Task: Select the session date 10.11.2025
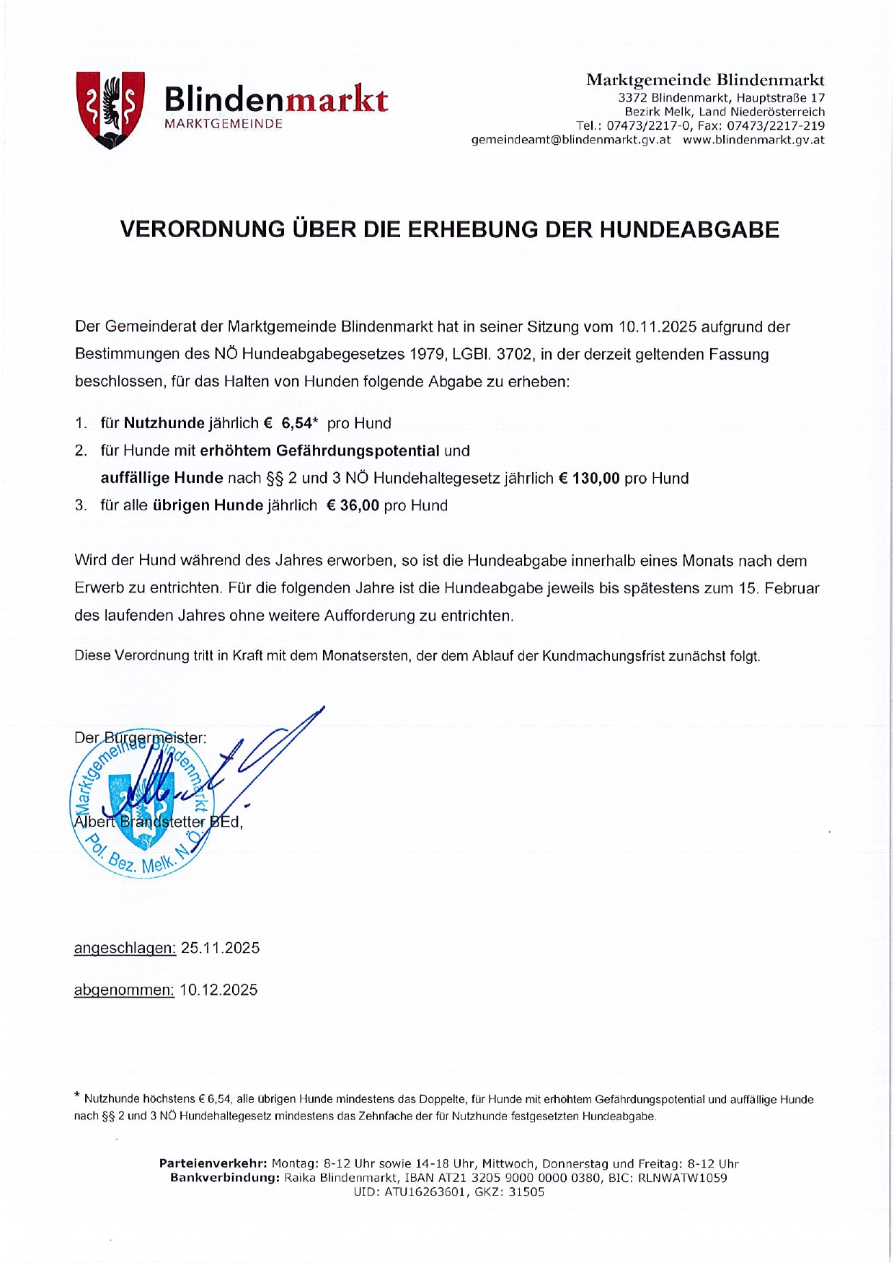point(658,327)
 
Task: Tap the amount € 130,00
point(589,478)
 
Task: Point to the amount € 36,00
point(353,505)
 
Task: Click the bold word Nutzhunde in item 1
point(164,423)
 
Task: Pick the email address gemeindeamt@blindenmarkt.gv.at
point(570,140)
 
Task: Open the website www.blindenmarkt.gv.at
point(753,140)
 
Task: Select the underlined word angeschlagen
point(125,948)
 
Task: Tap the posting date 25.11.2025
point(220,948)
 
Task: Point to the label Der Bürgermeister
point(140,738)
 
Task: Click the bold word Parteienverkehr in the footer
point(213,1163)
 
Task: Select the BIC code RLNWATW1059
point(682,1178)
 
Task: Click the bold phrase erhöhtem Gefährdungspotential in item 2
point(319,450)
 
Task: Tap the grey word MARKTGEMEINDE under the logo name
point(223,124)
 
